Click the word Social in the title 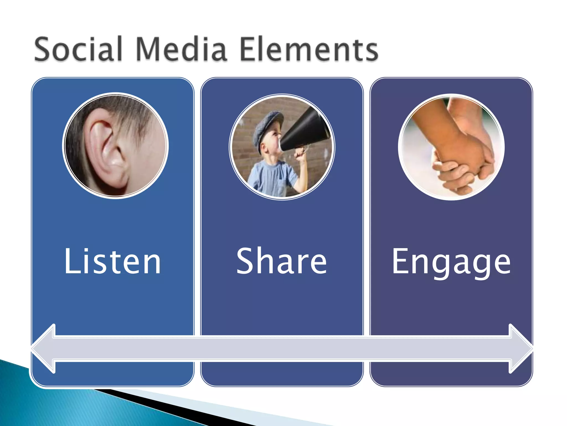[x=78, y=49]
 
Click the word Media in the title [x=181, y=49]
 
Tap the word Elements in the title [x=309, y=49]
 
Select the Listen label [x=112, y=261]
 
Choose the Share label [x=282, y=261]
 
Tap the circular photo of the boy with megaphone [x=282, y=147]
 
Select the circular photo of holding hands [x=451, y=147]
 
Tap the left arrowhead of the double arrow [x=44, y=349]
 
